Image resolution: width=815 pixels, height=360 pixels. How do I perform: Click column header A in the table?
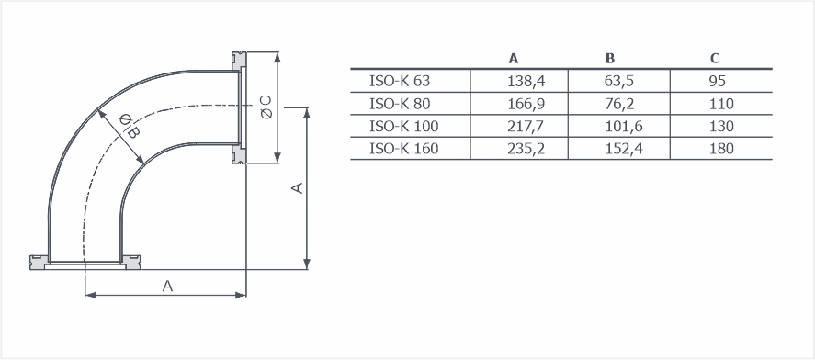[x=514, y=59]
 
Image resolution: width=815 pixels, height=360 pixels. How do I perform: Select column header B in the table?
[x=610, y=59]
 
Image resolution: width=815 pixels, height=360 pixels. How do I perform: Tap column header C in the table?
[x=715, y=59]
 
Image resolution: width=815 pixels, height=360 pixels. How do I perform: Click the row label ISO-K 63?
[x=400, y=81]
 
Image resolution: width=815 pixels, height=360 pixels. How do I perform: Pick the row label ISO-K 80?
[x=400, y=104]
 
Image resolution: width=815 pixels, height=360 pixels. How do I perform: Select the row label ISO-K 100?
[x=404, y=126]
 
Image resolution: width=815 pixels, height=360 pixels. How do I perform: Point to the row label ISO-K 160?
[x=404, y=149]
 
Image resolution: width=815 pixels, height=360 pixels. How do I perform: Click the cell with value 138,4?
[x=526, y=81]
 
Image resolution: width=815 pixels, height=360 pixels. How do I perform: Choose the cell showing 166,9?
[x=526, y=104]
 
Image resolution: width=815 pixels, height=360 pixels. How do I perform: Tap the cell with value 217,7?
[x=526, y=126]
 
